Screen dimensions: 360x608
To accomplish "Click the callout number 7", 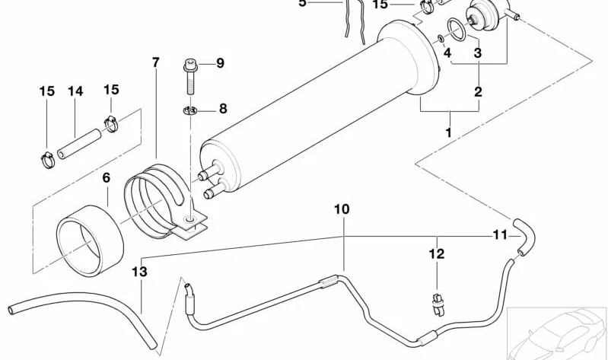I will tap(155, 62).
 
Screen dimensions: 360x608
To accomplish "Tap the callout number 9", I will tap(221, 63).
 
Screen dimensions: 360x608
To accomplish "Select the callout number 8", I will tap(222, 109).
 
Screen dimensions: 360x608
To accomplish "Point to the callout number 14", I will tap(75, 91).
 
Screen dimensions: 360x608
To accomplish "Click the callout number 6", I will tap(106, 177).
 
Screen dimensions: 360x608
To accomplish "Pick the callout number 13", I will tap(137, 270).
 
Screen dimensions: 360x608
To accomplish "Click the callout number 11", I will tap(498, 235).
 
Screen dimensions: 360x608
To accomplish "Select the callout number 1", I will tap(448, 132).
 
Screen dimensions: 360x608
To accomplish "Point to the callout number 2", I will tap(478, 92).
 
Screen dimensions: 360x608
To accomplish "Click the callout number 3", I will tap(478, 53).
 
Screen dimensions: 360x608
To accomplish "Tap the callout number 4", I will tap(447, 53).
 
